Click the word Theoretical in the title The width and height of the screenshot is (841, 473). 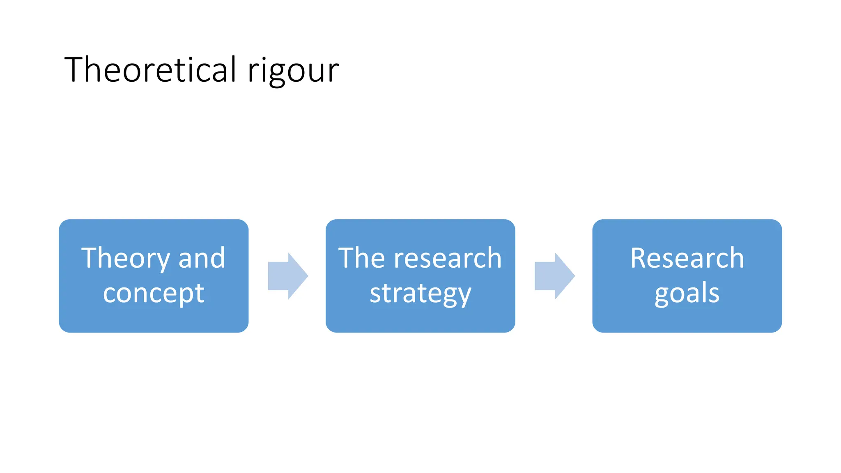(150, 70)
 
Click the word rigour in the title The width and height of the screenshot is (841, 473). (293, 71)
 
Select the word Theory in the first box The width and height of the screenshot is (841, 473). (125, 259)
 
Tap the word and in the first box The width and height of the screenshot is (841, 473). (202, 259)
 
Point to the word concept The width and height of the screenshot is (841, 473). (154, 294)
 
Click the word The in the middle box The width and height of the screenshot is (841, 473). (362, 259)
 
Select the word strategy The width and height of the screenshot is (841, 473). (420, 294)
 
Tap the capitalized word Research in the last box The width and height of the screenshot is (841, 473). (687, 259)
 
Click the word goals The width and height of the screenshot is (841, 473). (687, 294)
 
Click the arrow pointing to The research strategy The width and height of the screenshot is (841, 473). (287, 276)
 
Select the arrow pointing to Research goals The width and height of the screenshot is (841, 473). (554, 276)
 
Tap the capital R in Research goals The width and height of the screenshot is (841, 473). (639, 258)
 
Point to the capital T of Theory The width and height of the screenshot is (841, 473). (90, 258)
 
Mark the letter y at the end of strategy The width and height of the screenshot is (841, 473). (464, 296)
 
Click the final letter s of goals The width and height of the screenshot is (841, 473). (714, 294)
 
